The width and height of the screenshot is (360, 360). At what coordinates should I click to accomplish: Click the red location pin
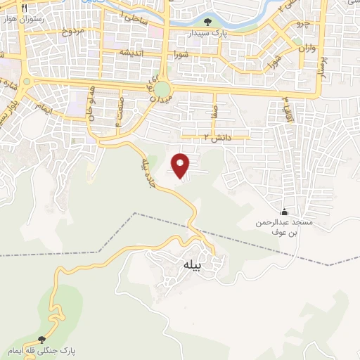[x=181, y=165]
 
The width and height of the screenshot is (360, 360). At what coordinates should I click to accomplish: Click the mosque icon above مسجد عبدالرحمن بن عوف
[x=284, y=212]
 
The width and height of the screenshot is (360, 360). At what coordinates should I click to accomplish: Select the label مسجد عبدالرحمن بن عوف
[x=282, y=226]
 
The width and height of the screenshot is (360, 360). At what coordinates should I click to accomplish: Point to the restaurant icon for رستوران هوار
[x=25, y=8]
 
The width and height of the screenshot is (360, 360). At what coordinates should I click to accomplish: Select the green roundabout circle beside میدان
[x=162, y=89]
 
